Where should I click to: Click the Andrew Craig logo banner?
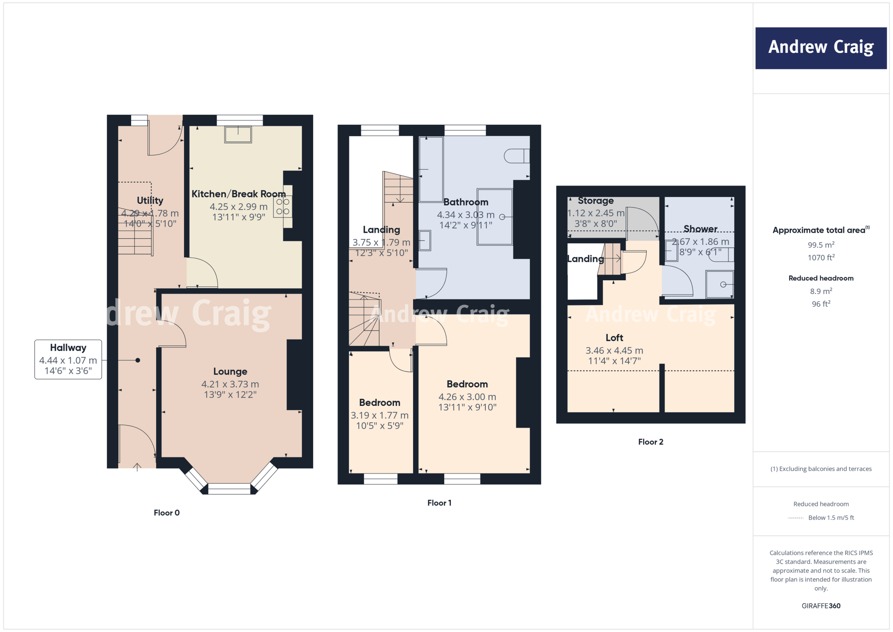click(821, 48)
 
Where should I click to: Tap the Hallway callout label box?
click(68, 359)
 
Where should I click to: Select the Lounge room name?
click(230, 371)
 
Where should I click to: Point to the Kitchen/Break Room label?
click(239, 194)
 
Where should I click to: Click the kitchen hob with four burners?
click(283, 207)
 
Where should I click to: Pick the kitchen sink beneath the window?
click(238, 134)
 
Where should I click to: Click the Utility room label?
click(150, 200)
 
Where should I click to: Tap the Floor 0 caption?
click(167, 513)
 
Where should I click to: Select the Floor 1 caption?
click(439, 503)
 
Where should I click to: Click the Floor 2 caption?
click(651, 442)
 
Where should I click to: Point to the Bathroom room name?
click(466, 202)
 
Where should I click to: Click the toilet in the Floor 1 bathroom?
click(517, 156)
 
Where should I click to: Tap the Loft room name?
click(614, 338)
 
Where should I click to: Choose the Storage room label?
click(596, 201)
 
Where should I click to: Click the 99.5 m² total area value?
click(821, 245)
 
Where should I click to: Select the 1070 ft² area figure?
click(821, 258)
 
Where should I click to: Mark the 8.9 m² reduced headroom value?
click(821, 291)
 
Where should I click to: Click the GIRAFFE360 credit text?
click(821, 606)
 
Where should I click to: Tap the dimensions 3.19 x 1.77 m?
click(379, 416)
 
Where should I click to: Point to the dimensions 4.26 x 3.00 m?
click(467, 397)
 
